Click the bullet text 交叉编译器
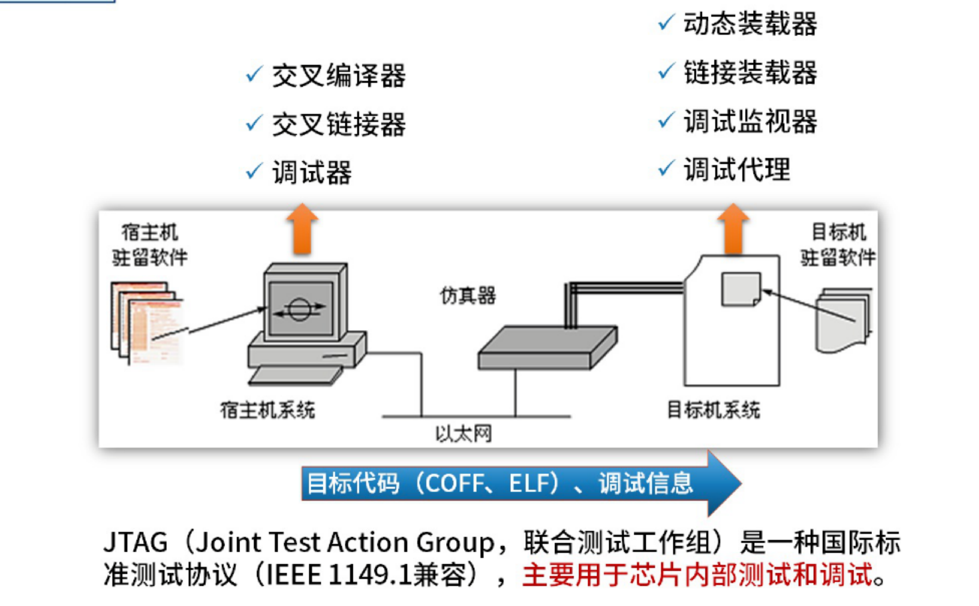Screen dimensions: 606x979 click(338, 75)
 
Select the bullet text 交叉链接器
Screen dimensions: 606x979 click(338, 124)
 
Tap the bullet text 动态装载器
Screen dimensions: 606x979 click(750, 24)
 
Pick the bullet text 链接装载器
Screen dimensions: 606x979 click(750, 73)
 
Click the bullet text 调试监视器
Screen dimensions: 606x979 click(750, 122)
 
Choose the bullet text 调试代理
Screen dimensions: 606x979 click(736, 170)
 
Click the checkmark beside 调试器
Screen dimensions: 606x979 click(254, 171)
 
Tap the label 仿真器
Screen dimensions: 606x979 click(467, 295)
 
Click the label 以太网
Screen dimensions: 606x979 click(463, 434)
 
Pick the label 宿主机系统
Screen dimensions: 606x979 click(267, 410)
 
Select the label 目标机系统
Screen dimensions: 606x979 click(713, 410)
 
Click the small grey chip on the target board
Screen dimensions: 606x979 click(740, 289)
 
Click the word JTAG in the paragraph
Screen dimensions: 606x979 click(135, 543)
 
